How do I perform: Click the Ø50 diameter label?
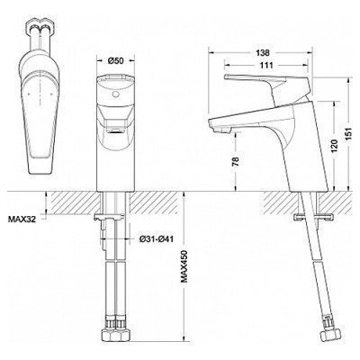coord(116,60)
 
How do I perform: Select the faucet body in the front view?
coord(116,135)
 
